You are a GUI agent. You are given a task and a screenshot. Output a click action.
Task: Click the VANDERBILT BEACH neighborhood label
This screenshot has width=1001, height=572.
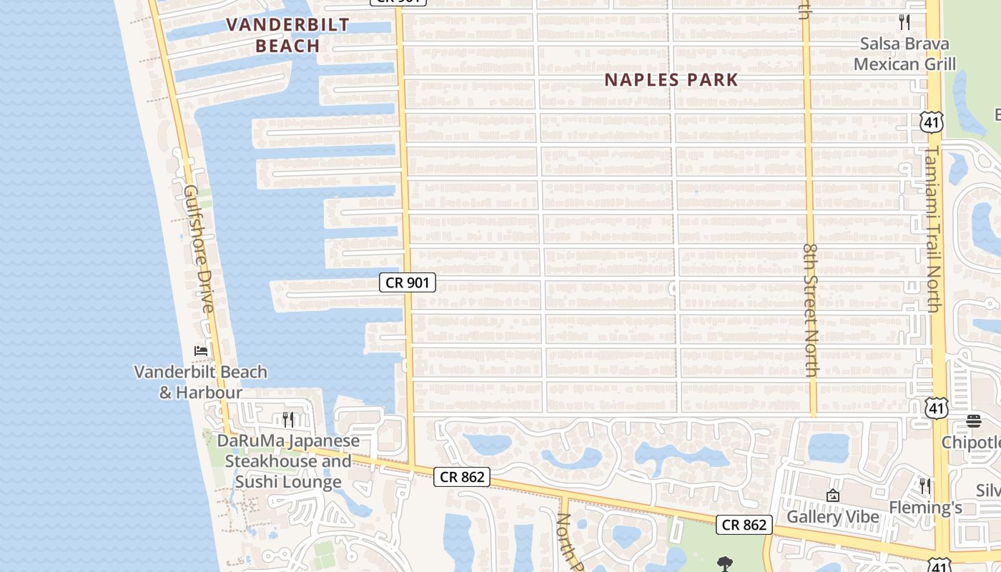click(287, 35)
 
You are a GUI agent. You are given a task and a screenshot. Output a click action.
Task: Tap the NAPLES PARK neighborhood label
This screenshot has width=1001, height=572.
click(671, 79)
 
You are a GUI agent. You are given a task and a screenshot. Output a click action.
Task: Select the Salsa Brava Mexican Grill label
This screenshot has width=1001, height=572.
click(904, 54)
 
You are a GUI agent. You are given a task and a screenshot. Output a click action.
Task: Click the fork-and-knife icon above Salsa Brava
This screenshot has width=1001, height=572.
click(904, 22)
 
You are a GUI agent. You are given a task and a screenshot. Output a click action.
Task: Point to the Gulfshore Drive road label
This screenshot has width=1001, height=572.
click(199, 249)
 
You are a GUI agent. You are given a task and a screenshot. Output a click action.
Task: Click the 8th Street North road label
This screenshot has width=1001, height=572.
click(810, 310)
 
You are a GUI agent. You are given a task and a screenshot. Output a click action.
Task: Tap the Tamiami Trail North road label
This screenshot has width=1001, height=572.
click(934, 229)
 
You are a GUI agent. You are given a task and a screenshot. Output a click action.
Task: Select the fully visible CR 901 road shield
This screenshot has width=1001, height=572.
click(407, 282)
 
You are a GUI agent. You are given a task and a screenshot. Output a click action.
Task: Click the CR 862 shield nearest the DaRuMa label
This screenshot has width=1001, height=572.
click(462, 477)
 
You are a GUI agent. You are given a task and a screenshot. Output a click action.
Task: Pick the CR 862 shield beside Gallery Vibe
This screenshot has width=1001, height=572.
click(744, 525)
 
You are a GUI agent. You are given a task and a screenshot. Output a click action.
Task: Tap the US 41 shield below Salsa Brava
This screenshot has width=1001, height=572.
click(932, 123)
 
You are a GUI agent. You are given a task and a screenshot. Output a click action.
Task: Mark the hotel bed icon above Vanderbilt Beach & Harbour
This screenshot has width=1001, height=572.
click(201, 351)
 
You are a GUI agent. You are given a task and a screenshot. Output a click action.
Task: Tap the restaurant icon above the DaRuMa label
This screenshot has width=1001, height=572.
click(288, 418)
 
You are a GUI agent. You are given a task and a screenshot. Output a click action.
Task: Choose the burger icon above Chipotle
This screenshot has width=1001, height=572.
click(974, 421)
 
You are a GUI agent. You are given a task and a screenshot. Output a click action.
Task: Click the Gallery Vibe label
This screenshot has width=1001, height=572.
click(833, 517)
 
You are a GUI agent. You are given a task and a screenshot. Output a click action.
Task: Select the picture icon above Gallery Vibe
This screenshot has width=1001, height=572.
click(832, 495)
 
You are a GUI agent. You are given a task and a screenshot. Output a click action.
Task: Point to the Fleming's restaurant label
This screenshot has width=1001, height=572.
click(925, 507)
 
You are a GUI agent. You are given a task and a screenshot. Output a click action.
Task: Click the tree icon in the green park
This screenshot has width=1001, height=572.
click(724, 563)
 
